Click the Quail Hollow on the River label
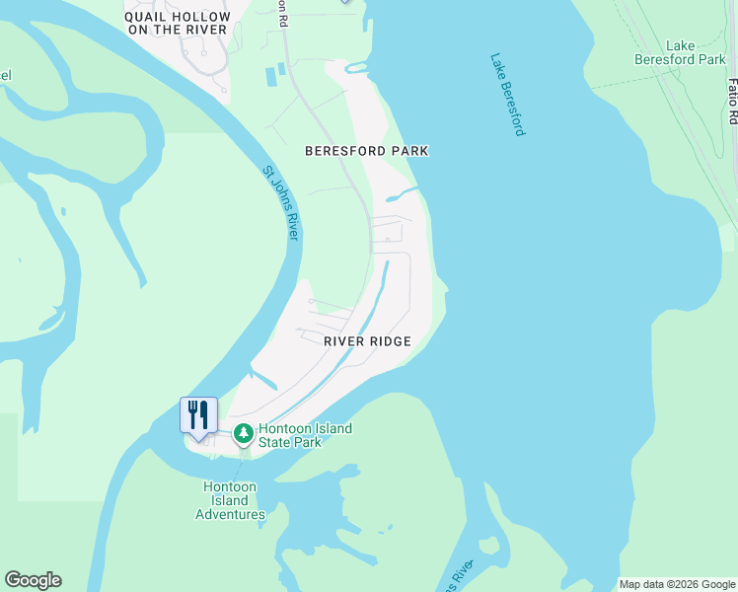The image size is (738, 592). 178,24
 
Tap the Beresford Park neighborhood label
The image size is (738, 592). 366,151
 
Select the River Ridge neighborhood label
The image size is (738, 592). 367,340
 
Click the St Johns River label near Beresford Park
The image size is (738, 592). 281,202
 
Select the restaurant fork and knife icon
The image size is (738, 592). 198,414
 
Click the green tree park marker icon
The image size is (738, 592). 243,432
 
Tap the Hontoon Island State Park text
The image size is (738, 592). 305,435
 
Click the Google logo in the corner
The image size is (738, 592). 33,580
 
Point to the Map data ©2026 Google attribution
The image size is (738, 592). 677,584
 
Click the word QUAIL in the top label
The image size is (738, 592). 147,17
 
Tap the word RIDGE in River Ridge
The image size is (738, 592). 390,340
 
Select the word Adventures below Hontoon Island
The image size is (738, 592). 230,514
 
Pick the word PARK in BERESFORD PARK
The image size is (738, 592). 408,151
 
